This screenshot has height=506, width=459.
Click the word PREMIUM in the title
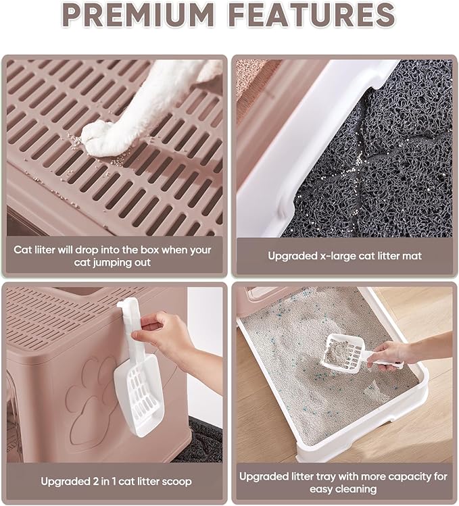[139, 15]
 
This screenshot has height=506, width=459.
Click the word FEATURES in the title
[313, 15]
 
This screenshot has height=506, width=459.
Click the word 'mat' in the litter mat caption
[412, 256]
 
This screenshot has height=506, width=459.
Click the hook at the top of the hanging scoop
[126, 307]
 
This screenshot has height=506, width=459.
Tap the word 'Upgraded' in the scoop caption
[62, 482]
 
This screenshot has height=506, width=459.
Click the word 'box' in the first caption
[150, 250]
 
